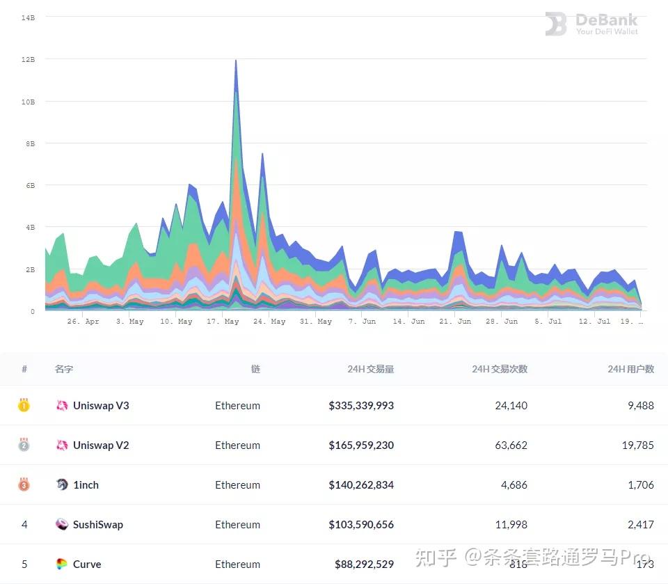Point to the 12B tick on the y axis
point(29,60)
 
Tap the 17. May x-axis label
point(223,322)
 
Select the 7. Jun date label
point(362,322)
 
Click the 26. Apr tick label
point(83,322)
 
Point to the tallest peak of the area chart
point(236,61)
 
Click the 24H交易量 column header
point(370,369)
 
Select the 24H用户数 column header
point(630,369)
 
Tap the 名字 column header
point(63,369)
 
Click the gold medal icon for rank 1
point(24,405)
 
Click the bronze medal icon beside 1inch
point(24,484)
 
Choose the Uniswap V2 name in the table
point(101,445)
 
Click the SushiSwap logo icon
point(62,524)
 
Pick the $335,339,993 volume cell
point(361,405)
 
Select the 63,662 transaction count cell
point(511,445)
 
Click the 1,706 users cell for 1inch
point(640,484)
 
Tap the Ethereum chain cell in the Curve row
point(237,564)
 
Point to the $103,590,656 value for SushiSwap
point(361,524)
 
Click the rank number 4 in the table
point(24,524)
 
